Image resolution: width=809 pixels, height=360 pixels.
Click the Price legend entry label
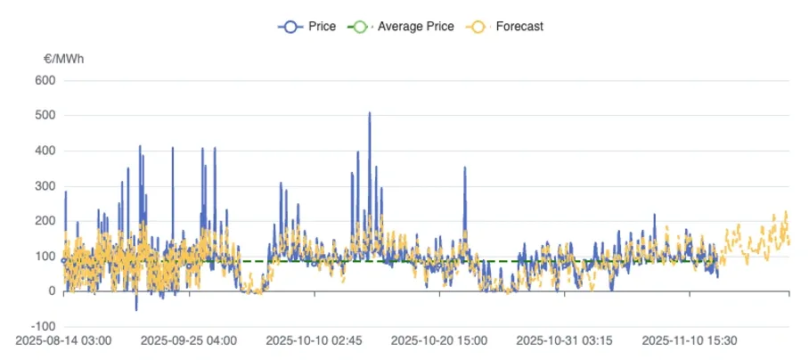click(x=322, y=27)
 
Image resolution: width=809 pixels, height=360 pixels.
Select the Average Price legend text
click(x=415, y=27)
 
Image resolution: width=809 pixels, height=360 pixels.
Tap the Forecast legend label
click(x=519, y=27)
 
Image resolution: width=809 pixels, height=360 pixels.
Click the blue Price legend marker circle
click(x=290, y=27)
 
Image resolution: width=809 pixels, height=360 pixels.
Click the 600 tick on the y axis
click(x=45, y=80)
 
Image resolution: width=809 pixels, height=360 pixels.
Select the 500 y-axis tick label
click(x=45, y=116)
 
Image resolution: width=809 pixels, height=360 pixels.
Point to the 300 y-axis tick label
click(x=45, y=186)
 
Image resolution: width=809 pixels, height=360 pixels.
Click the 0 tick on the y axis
click(x=51, y=291)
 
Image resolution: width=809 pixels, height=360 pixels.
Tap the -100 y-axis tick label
click(x=42, y=326)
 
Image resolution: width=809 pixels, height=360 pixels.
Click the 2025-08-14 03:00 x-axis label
click(x=63, y=340)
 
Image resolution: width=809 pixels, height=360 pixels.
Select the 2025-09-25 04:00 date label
click(x=189, y=340)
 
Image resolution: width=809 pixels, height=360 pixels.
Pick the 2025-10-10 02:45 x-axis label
click(x=315, y=340)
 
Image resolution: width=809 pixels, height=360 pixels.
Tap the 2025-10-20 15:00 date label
click(x=439, y=340)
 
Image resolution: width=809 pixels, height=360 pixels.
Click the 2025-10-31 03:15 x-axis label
click(x=565, y=340)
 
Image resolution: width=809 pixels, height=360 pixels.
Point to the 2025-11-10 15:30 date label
click(x=690, y=340)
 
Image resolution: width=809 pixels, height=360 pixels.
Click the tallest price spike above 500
click(x=370, y=114)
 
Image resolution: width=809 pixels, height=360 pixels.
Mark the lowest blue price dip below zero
click(x=136, y=309)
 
